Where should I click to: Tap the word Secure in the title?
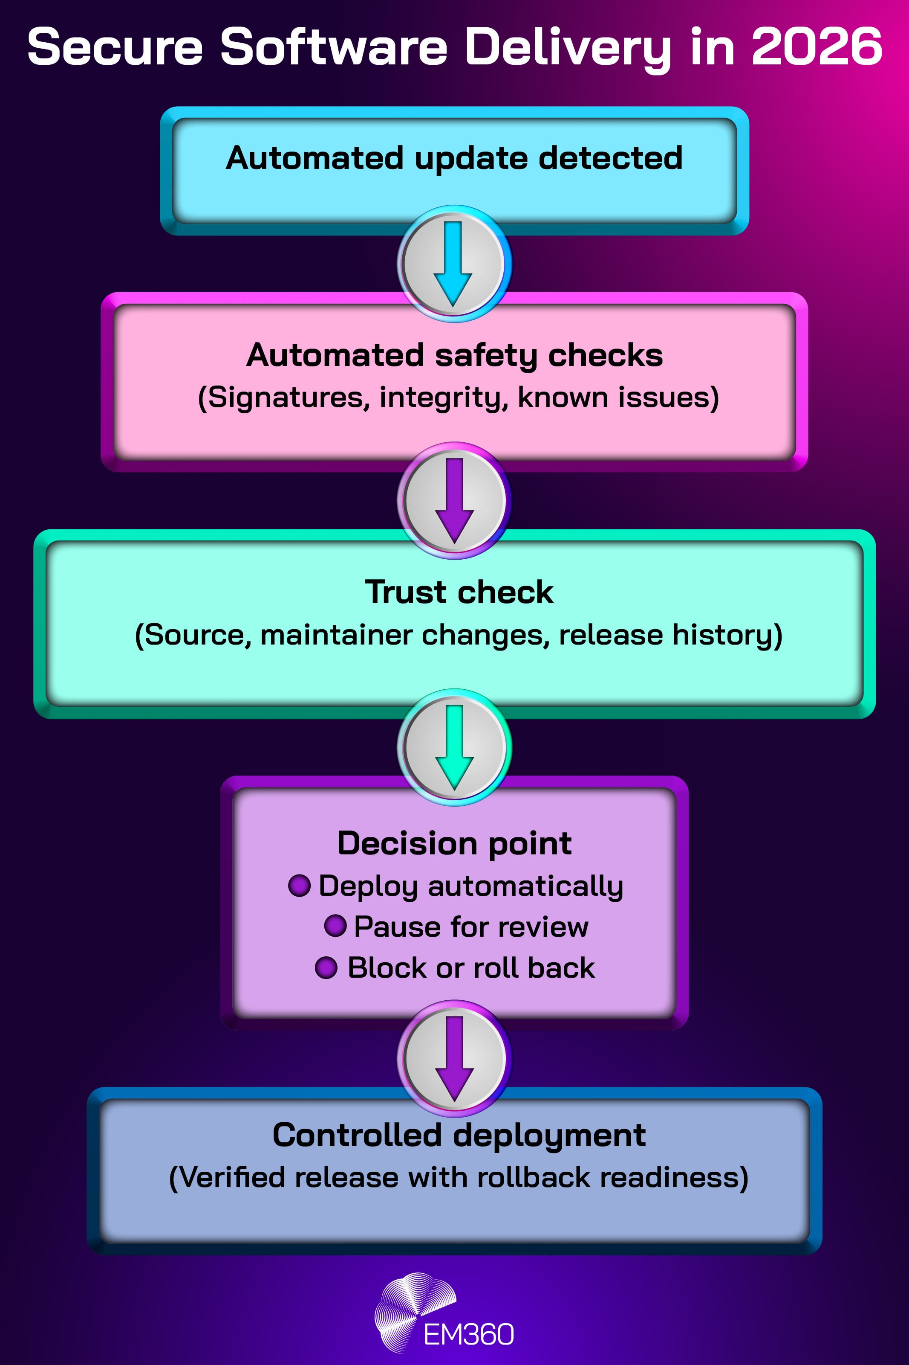click(115, 46)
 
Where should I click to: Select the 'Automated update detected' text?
click(454, 158)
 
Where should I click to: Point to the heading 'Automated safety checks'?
click(454, 355)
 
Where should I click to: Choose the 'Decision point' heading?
click(454, 843)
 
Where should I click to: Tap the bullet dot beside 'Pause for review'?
click(335, 926)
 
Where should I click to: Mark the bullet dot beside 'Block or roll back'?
click(326, 967)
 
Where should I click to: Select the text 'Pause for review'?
click(471, 926)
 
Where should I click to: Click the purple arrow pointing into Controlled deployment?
click(454, 1058)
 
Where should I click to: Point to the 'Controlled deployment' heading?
click(459, 1135)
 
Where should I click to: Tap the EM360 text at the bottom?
click(468, 1334)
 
